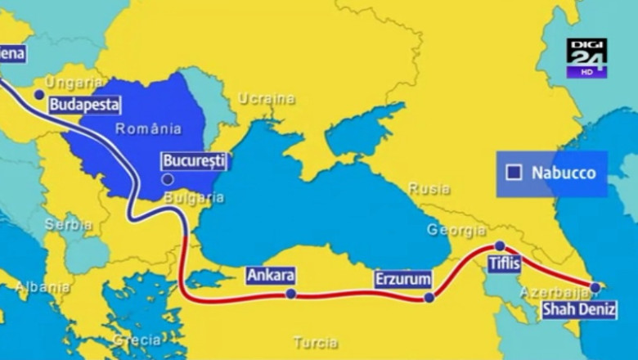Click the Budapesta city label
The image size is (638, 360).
pos(84,105)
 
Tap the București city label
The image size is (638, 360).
pos(193,160)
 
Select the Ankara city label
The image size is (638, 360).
pos(270,276)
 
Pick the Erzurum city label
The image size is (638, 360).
pos(402,279)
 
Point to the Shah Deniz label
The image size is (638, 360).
pos(577,309)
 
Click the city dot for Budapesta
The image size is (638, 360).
pos(38,95)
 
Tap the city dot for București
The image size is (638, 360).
pos(168,178)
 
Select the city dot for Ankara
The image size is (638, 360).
pos(290,294)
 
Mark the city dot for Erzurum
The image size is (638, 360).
pos(429,298)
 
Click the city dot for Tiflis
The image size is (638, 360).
pos(500,245)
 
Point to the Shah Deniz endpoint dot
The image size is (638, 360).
pos(595,286)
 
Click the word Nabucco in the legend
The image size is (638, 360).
pos(562,173)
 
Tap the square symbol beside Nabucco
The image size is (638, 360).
pos(514,173)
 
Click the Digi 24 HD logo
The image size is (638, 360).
pos(586,58)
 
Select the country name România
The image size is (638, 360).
pos(148,128)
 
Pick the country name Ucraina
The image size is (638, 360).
pos(266,99)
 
